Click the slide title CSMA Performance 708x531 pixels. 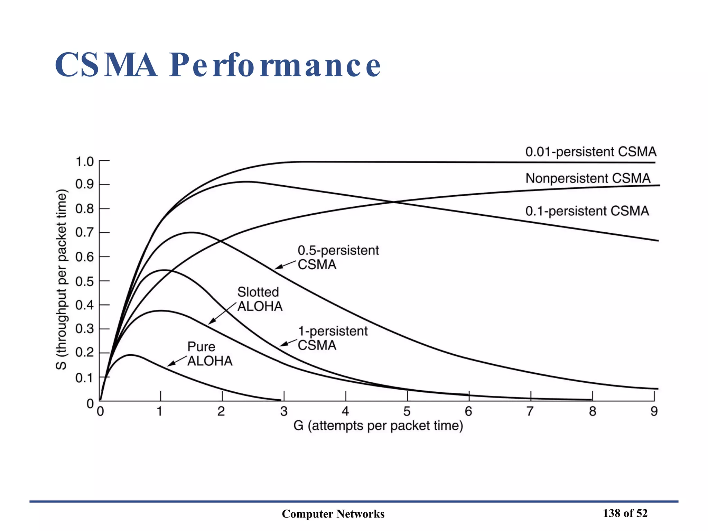tap(218, 65)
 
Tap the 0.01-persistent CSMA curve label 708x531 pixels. tap(590, 152)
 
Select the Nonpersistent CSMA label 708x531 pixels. tap(588, 178)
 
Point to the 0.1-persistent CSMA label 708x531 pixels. tap(587, 211)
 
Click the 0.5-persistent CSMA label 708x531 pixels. tap(338, 257)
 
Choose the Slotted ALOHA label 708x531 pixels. tap(259, 299)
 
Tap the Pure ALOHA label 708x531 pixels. tap(209, 354)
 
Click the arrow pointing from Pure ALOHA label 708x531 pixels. tap(177, 361)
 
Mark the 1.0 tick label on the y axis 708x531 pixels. tap(85, 161)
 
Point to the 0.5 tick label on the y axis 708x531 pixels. tap(85, 281)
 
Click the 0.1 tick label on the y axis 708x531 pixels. tap(85, 378)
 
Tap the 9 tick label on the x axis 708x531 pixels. tap(654, 411)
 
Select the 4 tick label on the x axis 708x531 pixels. tap(345, 411)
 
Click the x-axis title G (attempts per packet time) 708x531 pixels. tap(378, 426)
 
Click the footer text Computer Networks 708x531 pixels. tap(333, 514)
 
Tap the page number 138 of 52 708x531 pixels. tap(625, 513)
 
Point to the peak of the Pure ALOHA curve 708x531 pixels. tap(131, 355)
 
